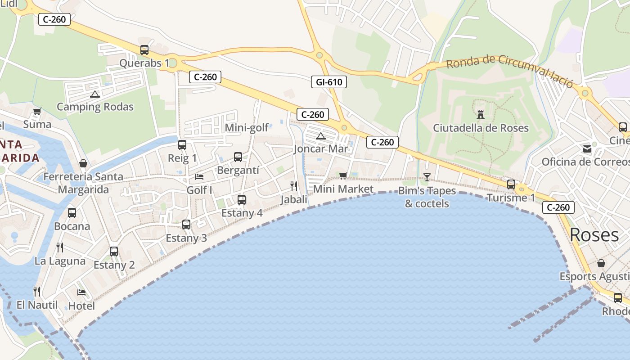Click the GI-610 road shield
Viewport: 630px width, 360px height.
(329, 82)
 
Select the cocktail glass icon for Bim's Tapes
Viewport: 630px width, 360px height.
(427, 177)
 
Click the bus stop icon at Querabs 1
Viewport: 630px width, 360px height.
(144, 50)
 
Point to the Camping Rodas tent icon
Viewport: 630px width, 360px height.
(94, 94)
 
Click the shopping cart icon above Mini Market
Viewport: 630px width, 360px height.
(343, 175)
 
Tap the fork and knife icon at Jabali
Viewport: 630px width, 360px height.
(294, 186)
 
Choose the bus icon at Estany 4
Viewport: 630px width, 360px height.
(242, 199)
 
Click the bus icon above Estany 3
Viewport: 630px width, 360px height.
(186, 224)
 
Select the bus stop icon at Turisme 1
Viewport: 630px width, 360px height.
(511, 184)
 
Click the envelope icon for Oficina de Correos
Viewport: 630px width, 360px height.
(587, 148)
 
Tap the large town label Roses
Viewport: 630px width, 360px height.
(594, 234)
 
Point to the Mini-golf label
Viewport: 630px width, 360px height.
(247, 128)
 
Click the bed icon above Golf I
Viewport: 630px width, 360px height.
(199, 177)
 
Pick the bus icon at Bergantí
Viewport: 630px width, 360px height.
(238, 157)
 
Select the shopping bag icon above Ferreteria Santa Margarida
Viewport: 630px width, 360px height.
(83, 163)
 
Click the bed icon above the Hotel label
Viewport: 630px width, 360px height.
(81, 292)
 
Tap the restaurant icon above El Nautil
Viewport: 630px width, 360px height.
(37, 292)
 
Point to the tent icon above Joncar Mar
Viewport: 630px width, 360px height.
(320, 136)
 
